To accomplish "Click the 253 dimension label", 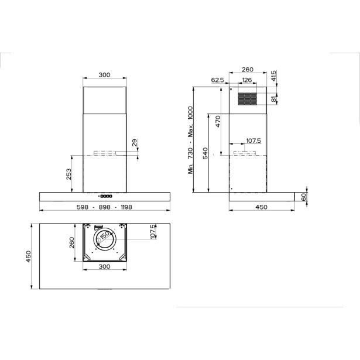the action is [x=68, y=174].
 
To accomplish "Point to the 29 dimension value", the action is [x=135, y=143].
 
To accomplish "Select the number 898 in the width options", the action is [x=104, y=207].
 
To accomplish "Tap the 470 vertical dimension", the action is [x=218, y=121].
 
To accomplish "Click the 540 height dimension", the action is [x=205, y=153].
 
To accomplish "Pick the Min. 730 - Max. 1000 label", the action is [x=191, y=140].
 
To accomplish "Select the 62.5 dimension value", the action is [x=217, y=80].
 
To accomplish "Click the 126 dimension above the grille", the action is [x=247, y=80].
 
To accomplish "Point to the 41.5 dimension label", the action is [x=273, y=76].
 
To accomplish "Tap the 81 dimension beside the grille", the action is [x=273, y=99].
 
